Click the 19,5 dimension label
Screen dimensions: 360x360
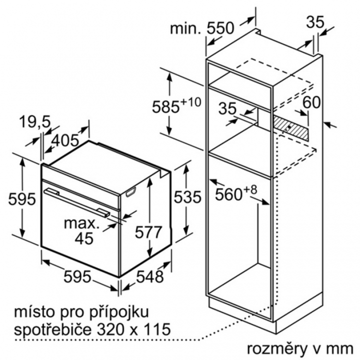click(x=35, y=122)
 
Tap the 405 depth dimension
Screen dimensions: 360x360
click(x=65, y=140)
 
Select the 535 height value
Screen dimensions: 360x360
click(x=187, y=197)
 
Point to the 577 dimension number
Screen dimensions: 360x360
click(x=148, y=232)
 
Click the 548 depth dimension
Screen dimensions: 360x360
click(x=150, y=276)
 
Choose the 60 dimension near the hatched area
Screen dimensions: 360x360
click(x=312, y=102)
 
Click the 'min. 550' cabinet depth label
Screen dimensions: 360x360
click(x=202, y=28)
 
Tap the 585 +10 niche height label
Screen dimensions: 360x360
click(x=177, y=106)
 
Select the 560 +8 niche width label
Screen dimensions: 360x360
click(x=236, y=193)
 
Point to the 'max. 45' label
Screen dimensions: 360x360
click(x=82, y=231)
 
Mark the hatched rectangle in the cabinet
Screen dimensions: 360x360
click(x=290, y=128)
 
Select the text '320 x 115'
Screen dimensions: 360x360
click(x=134, y=329)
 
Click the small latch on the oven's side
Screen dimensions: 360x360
click(x=131, y=192)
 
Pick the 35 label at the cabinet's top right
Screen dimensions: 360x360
click(x=315, y=22)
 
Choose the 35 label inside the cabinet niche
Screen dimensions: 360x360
click(x=228, y=108)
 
